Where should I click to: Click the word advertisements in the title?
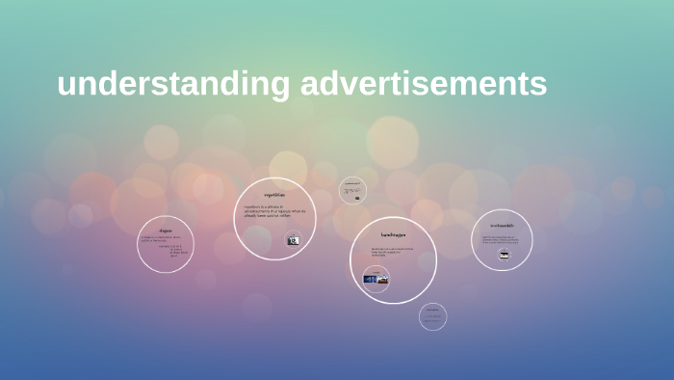pyautogui.click(x=424, y=84)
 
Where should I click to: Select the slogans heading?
pyautogui.click(x=166, y=231)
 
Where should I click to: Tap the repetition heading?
pyautogui.click(x=274, y=195)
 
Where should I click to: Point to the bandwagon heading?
pyautogui.click(x=393, y=234)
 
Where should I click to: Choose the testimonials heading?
pyautogui.click(x=502, y=226)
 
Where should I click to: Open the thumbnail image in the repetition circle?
pyautogui.click(x=293, y=240)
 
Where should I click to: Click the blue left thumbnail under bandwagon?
pyautogui.click(x=371, y=279)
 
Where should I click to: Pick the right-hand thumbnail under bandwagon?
pyautogui.click(x=384, y=279)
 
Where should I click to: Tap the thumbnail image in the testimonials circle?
pyautogui.click(x=503, y=255)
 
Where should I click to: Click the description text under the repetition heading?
pyautogui.click(x=273, y=213)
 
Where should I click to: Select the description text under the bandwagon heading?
pyautogui.click(x=392, y=252)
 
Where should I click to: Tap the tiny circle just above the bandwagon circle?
pyautogui.click(x=353, y=190)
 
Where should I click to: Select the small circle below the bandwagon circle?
pyautogui.click(x=433, y=316)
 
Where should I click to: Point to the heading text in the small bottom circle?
pyautogui.click(x=433, y=310)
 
